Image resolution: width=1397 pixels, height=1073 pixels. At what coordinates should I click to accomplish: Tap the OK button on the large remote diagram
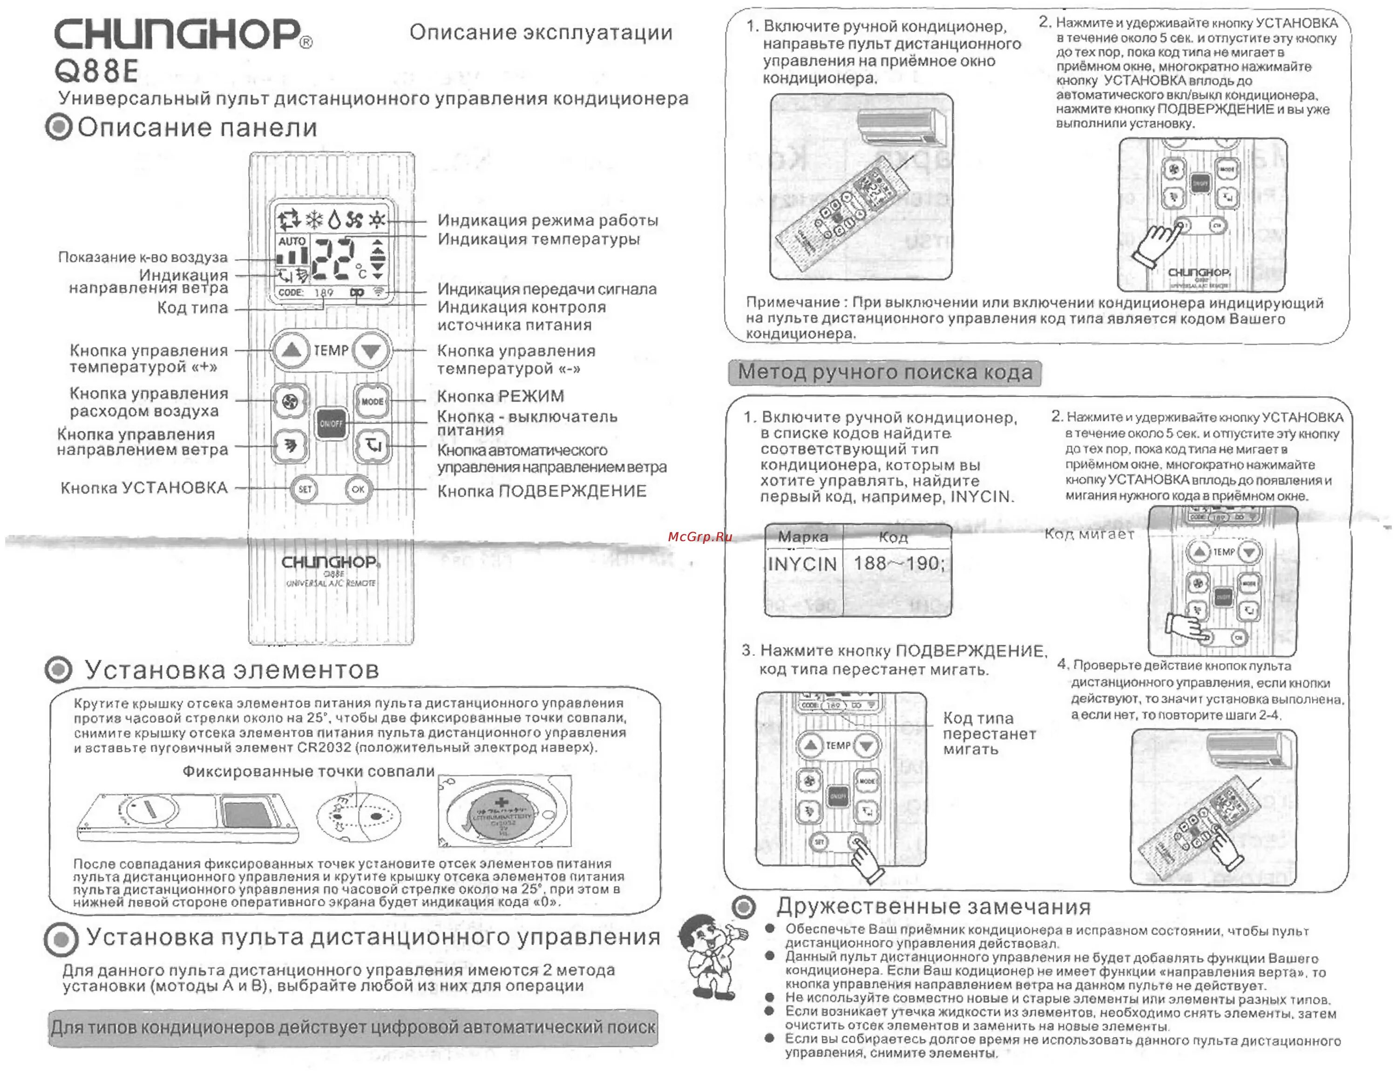(357, 489)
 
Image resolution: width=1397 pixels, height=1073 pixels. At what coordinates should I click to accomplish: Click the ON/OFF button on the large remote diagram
(331, 423)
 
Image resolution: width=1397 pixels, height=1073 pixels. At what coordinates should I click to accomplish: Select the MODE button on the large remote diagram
(372, 402)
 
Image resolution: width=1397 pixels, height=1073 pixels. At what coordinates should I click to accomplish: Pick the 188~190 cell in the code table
(897, 563)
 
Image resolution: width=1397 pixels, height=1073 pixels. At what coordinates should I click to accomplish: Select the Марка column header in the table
(802, 537)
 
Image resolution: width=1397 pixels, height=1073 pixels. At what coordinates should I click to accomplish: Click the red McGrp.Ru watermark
(699, 536)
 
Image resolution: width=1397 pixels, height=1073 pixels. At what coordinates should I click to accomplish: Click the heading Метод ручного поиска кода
(885, 372)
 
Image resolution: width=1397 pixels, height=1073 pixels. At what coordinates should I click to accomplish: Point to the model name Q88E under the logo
(96, 70)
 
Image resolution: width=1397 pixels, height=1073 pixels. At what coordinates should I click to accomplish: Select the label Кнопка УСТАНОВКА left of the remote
(144, 488)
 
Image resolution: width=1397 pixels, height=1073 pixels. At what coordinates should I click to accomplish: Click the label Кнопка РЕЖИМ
(500, 397)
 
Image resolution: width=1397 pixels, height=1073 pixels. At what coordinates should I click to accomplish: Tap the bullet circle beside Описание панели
(59, 127)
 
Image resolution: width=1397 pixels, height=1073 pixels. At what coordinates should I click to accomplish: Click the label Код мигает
(1088, 534)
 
